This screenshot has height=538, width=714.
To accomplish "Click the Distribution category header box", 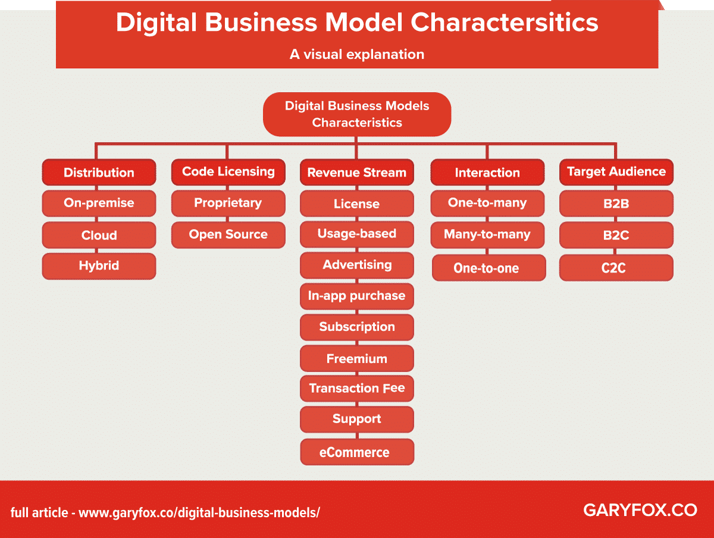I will coord(99,172).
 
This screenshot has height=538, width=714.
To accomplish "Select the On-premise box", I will coord(99,203).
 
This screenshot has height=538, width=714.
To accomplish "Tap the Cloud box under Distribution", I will coord(99,235).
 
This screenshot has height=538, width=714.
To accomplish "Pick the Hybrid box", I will coord(99,266).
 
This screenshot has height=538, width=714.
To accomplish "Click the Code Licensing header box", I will coord(228,172).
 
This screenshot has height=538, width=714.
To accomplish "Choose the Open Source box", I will coord(228,234).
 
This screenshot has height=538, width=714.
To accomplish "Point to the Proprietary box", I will coord(228,203).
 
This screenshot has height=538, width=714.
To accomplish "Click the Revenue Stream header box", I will coord(357,172).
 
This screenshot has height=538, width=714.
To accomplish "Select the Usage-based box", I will coord(357,234).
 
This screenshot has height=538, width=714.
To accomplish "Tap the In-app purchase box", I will coord(357,295).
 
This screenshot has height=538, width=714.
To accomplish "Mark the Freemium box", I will coord(357,358).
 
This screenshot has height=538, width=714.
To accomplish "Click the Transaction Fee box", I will coord(357,389).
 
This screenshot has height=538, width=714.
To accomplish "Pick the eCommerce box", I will coord(357,452).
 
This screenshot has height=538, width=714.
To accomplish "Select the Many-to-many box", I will coord(487,235).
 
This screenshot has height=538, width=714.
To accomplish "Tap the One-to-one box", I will coord(487,268).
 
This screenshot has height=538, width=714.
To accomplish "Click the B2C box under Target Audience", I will coord(616,235).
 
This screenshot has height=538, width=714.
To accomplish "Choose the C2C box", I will coord(616,268).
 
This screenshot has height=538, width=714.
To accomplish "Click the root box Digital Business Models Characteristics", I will coord(357,114).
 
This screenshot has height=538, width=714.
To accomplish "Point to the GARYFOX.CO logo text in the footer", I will coord(640,510).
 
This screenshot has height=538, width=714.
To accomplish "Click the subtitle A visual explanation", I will coord(357,54).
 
